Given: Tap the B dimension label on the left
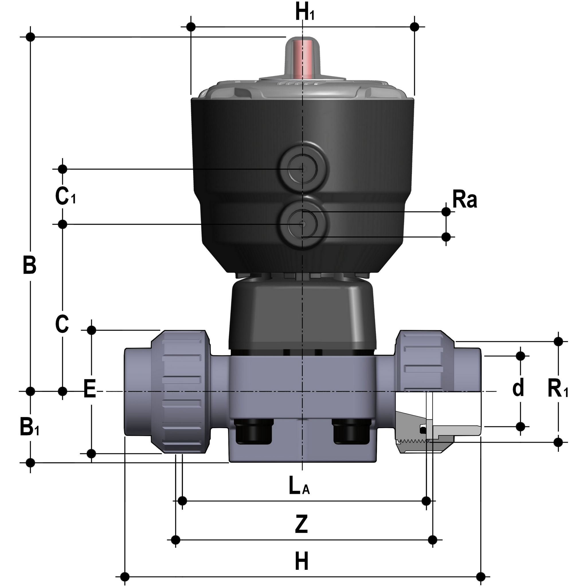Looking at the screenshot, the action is click(x=30, y=265).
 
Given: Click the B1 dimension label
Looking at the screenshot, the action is click(x=30, y=426).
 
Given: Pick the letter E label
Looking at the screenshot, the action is click(x=90, y=389).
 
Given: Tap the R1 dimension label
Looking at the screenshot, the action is click(x=558, y=389).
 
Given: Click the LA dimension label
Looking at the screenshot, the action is click(x=299, y=486).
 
